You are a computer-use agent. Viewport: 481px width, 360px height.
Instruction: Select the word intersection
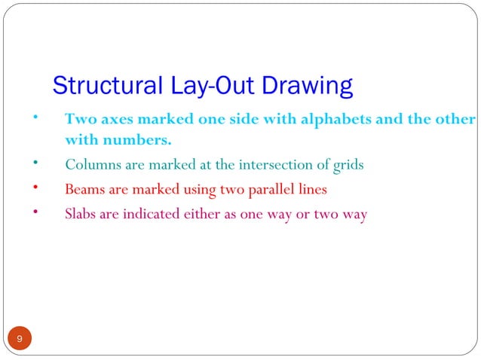tap(274, 165)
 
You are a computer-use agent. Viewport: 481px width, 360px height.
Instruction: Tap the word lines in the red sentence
tap(312, 189)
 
